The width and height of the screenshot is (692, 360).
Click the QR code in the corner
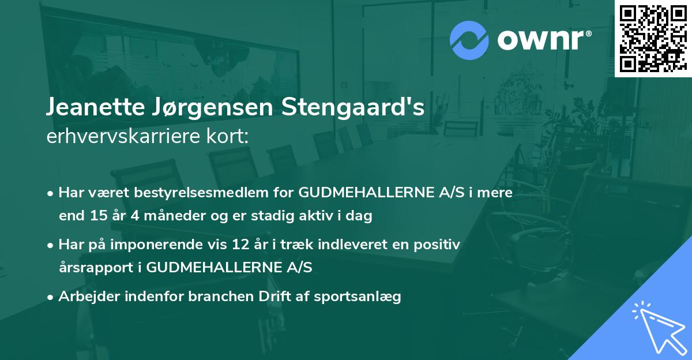coord(653,39)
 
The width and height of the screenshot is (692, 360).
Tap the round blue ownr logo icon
coord(469,40)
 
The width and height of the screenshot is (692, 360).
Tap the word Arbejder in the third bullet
coord(85,297)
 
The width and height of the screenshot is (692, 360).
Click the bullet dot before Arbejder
coord(51,297)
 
